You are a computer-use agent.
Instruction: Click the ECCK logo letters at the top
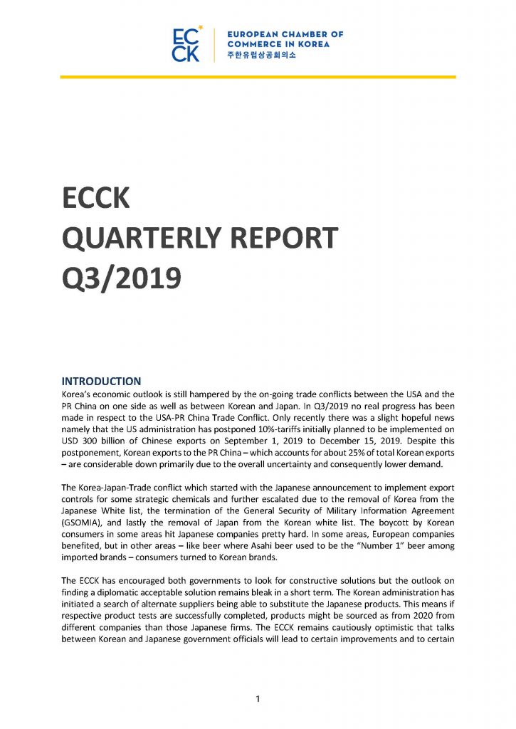(186, 45)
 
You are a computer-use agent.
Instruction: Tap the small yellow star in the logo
(201, 28)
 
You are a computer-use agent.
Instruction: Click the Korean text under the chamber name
(256, 56)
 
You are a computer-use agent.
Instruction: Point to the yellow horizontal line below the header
(258, 77)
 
